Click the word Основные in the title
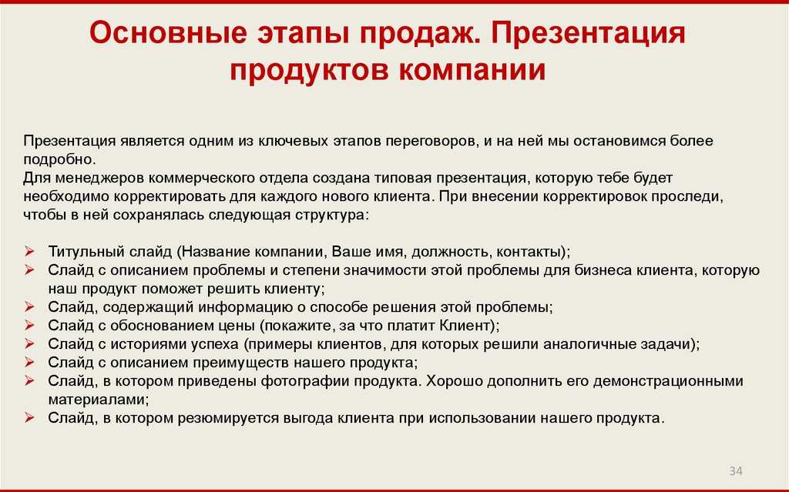pos(169,33)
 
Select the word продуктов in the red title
pos(310,70)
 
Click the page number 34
pos(736,471)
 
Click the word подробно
pos(59,160)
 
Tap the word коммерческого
pos(203,179)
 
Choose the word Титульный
pos(86,252)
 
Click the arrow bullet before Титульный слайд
pos(29,252)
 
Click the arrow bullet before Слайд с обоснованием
pos(29,326)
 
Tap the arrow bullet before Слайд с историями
pos(29,344)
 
